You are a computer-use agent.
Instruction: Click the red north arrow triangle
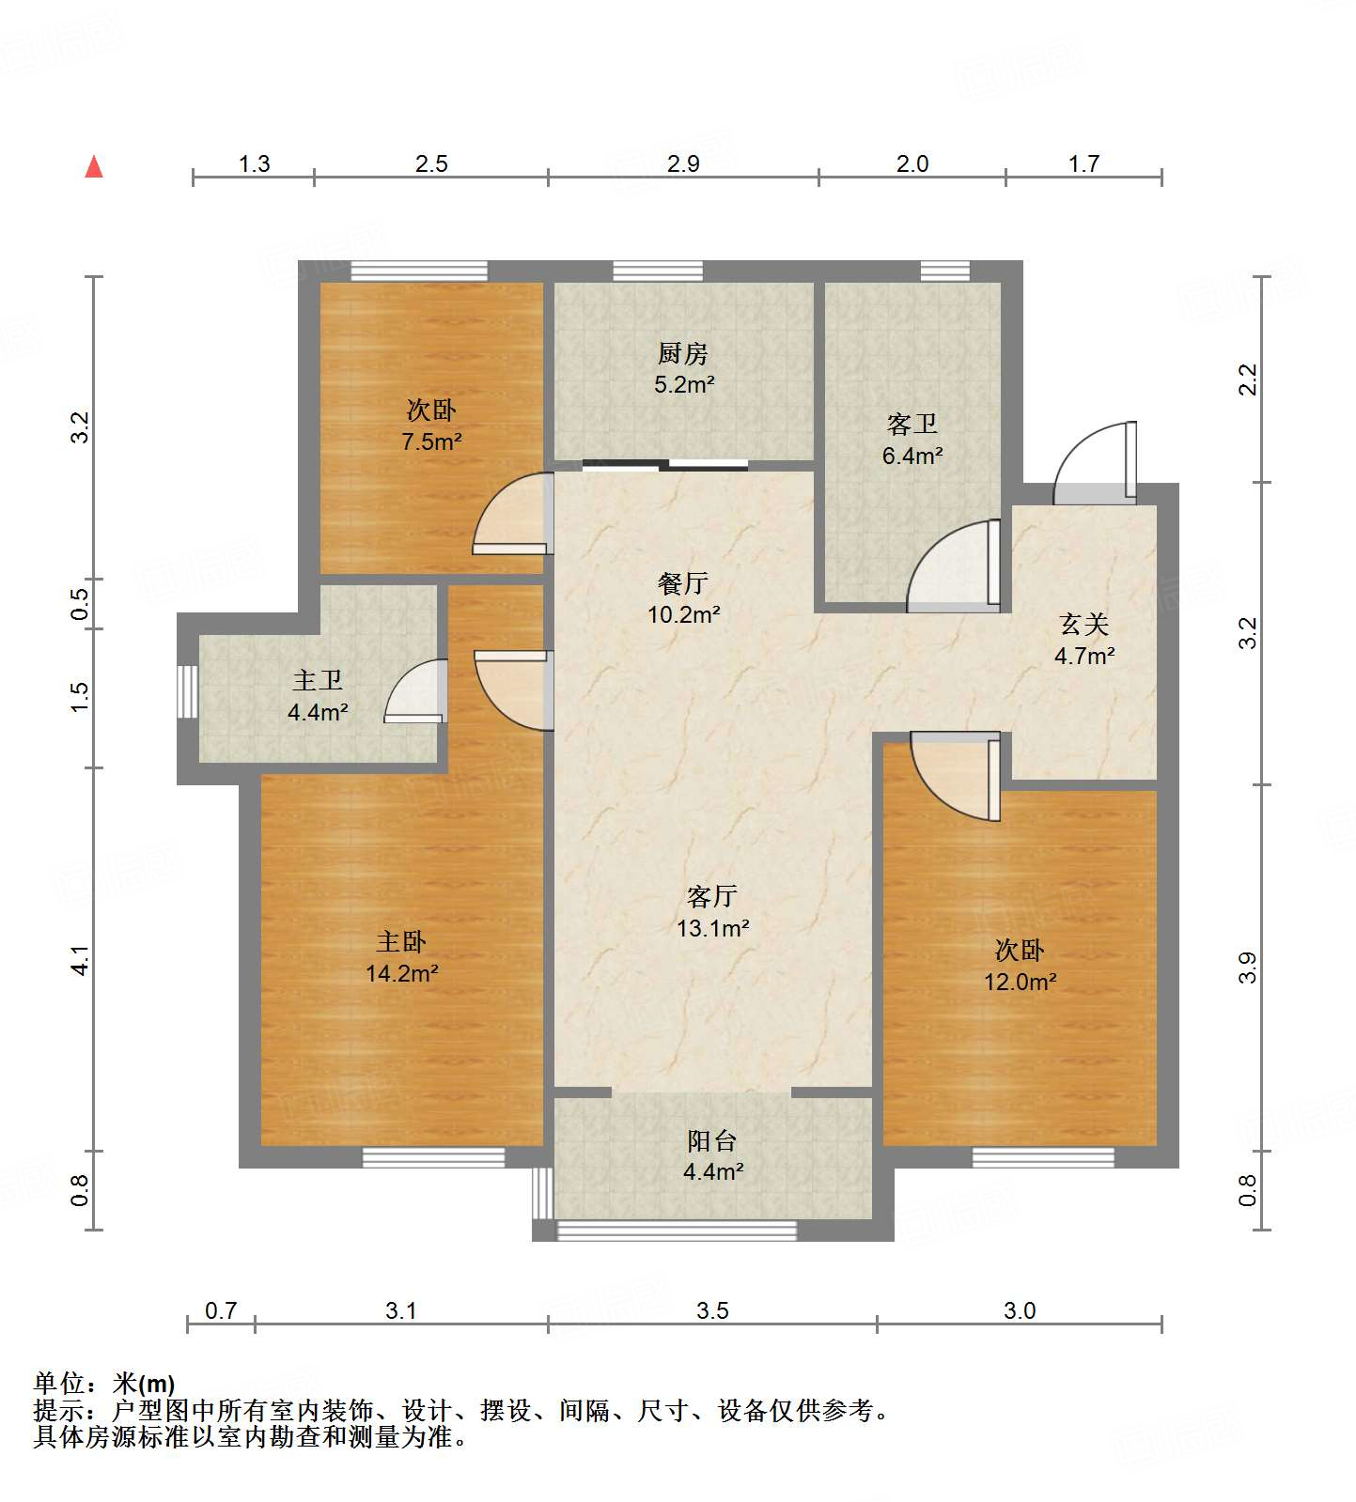pyautogui.click(x=94, y=167)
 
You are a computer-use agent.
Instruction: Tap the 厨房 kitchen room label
pyautogui.click(x=682, y=353)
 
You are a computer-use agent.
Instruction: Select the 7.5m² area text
pyautogui.click(x=431, y=441)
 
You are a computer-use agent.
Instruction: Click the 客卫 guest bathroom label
pyautogui.click(x=912, y=425)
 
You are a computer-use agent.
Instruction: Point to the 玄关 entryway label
pyautogui.click(x=1083, y=625)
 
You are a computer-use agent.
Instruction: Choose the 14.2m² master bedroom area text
pyautogui.click(x=402, y=974)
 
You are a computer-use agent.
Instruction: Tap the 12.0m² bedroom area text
pyautogui.click(x=1020, y=983)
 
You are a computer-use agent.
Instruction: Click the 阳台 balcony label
pyautogui.click(x=711, y=1141)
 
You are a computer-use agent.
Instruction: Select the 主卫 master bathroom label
pyautogui.click(x=317, y=680)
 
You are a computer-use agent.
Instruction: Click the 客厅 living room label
pyautogui.click(x=711, y=897)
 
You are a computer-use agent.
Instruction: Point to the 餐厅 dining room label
pyautogui.click(x=682, y=584)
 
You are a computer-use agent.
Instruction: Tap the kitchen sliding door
pyautogui.click(x=665, y=464)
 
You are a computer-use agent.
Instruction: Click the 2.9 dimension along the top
pyautogui.click(x=683, y=164)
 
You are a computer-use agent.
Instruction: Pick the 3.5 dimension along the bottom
pyautogui.click(x=712, y=1310)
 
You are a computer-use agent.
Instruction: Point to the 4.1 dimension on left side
pyautogui.click(x=82, y=959)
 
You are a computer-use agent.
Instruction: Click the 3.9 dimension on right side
pyautogui.click(x=1247, y=967)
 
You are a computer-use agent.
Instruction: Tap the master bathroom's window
pyautogui.click(x=188, y=692)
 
